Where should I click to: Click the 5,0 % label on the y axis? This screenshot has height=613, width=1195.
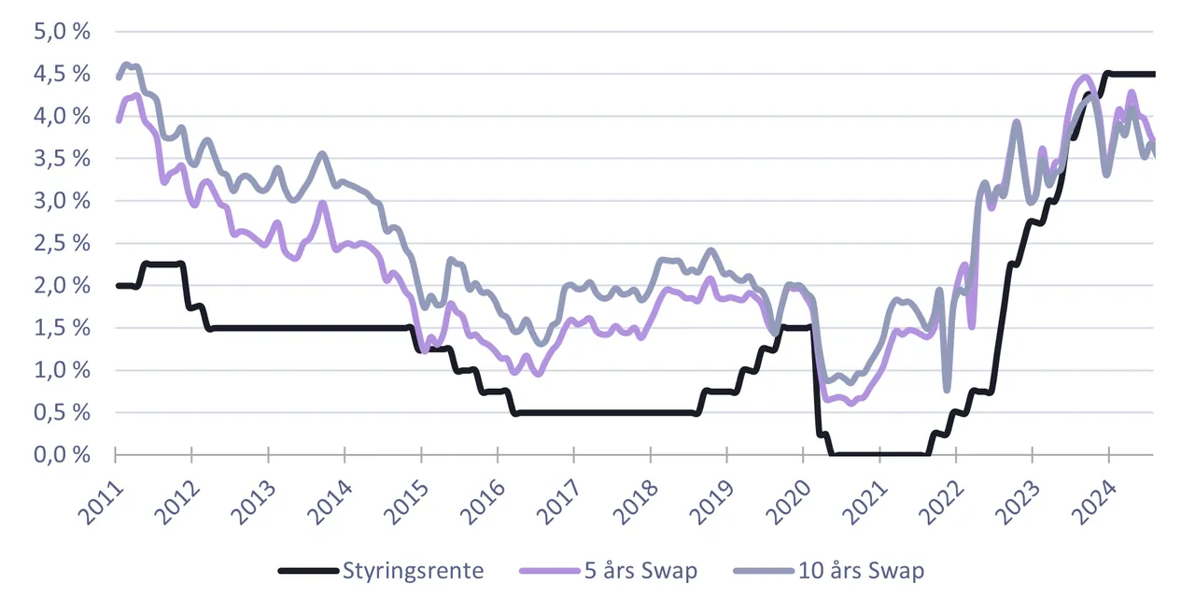click(x=62, y=32)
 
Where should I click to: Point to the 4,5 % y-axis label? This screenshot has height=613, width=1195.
click(x=62, y=74)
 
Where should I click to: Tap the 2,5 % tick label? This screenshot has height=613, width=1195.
click(x=62, y=243)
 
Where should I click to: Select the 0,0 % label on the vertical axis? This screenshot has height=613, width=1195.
click(x=62, y=455)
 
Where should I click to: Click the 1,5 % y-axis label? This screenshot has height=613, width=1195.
click(x=62, y=328)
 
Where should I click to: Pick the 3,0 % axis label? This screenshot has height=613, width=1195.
click(x=62, y=201)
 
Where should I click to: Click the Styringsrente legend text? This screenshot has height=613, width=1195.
click(x=413, y=571)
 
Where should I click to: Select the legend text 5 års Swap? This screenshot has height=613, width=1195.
click(x=640, y=571)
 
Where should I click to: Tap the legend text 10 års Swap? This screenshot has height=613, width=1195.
click(x=861, y=571)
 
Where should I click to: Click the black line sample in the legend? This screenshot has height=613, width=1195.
click(x=308, y=571)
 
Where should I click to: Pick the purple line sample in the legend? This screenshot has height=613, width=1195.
click(x=550, y=571)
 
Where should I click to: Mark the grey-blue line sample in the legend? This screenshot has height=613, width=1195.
click(x=764, y=571)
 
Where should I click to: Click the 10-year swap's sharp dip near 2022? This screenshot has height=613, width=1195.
click(x=947, y=390)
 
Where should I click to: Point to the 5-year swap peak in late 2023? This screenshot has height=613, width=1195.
click(x=1085, y=77)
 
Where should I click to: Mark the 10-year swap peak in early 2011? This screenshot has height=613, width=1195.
click(x=126, y=64)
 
